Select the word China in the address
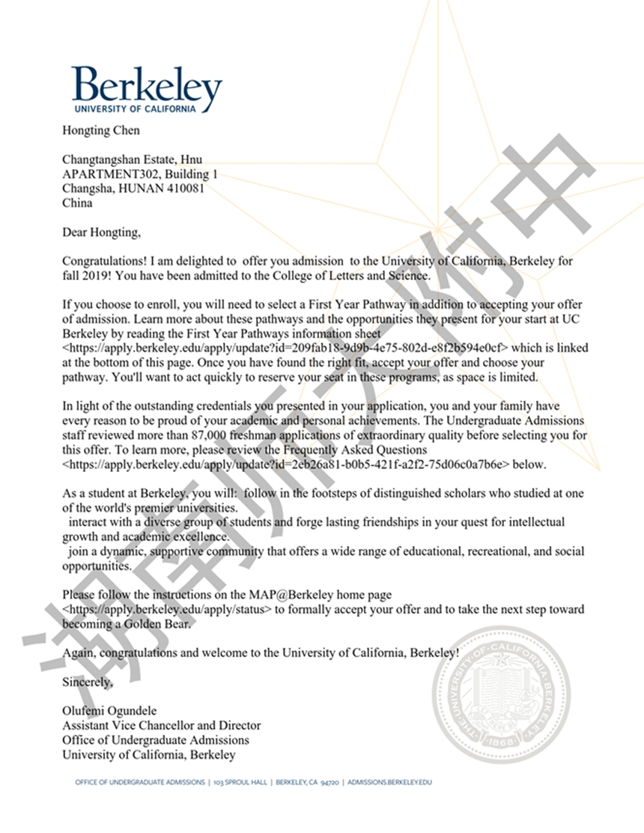[x=77, y=202]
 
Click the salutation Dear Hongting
[x=101, y=232]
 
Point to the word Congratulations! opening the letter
[x=104, y=261]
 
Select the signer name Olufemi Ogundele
[x=110, y=711]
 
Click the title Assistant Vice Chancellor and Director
[x=162, y=725]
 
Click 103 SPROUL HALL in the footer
[x=240, y=782]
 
